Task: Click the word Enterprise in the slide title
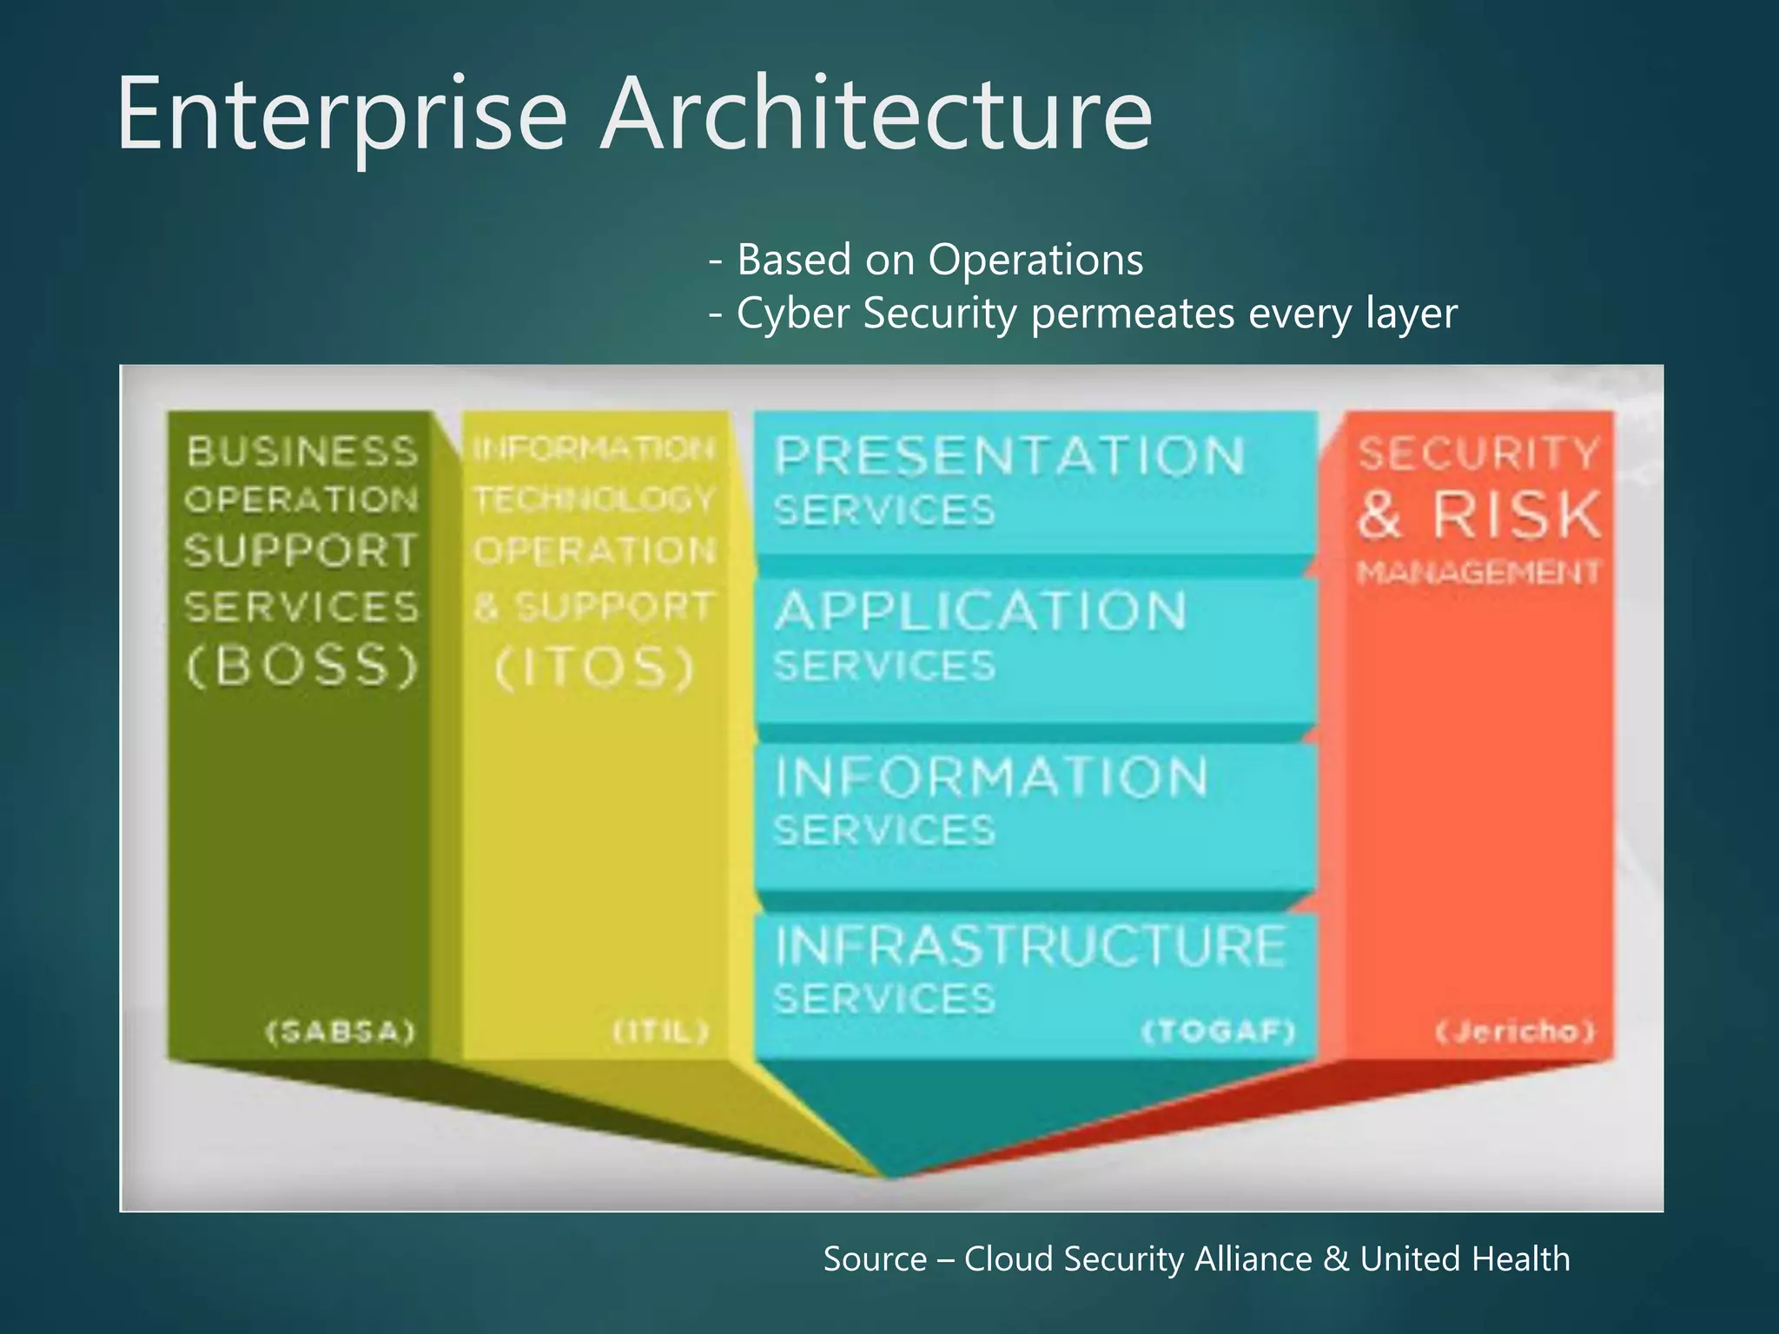pos(342,115)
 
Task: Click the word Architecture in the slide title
pos(877,115)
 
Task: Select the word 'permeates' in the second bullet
pos(1133,314)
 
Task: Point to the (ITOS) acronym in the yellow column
pos(595,668)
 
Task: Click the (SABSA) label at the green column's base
pos(341,1032)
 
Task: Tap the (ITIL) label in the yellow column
pos(662,1032)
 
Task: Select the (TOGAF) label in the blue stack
pos(1218,1032)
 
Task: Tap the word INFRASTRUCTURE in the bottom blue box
pos(1030,946)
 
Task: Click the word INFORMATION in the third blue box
pos(991,776)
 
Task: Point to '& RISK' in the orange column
pos(1479,515)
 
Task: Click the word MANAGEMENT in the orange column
pos(1478,572)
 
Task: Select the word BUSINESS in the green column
pos(302,452)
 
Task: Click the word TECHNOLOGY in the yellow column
pos(594,499)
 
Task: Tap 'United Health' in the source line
pos(1465,1259)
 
